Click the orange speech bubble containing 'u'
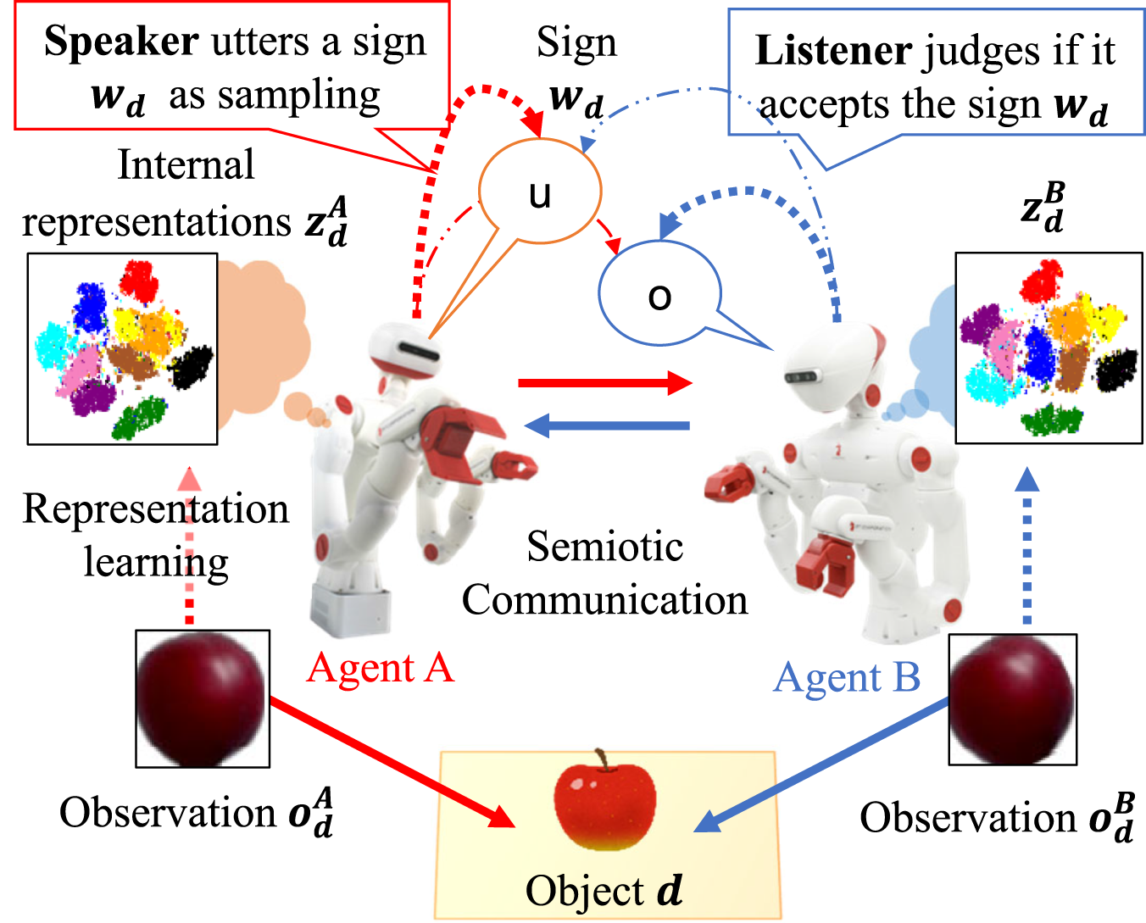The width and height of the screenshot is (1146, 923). pyautogui.click(x=540, y=192)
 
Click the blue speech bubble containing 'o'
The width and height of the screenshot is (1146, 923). pyautogui.click(x=659, y=294)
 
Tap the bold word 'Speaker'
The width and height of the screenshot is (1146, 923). pyautogui.click(x=121, y=42)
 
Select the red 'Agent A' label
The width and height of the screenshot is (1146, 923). pyautogui.click(x=381, y=668)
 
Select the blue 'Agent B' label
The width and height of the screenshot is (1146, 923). pyautogui.click(x=847, y=677)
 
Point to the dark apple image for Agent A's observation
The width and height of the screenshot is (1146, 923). pyautogui.click(x=203, y=698)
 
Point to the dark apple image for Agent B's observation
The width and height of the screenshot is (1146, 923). pyautogui.click(x=1012, y=700)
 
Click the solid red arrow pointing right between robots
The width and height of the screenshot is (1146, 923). pyautogui.click(x=604, y=383)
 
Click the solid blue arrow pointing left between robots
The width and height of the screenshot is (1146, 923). pyautogui.click(x=607, y=425)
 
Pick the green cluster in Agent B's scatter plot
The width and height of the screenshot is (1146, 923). pyautogui.click(x=1051, y=419)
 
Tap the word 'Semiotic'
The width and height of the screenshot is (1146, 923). pyautogui.click(x=604, y=546)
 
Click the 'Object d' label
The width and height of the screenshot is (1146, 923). pyautogui.click(x=604, y=891)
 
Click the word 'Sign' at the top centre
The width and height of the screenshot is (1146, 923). pyautogui.click(x=576, y=42)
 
